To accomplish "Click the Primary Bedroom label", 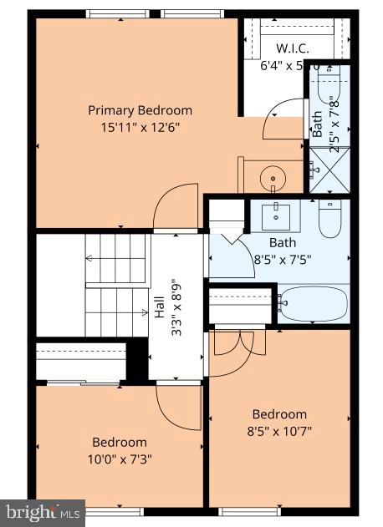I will point(140,110).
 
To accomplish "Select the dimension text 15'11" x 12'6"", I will point(140,127).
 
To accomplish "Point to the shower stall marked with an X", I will point(329,170).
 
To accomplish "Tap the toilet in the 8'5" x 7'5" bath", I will point(332,219).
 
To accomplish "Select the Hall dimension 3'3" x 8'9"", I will point(176,307).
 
